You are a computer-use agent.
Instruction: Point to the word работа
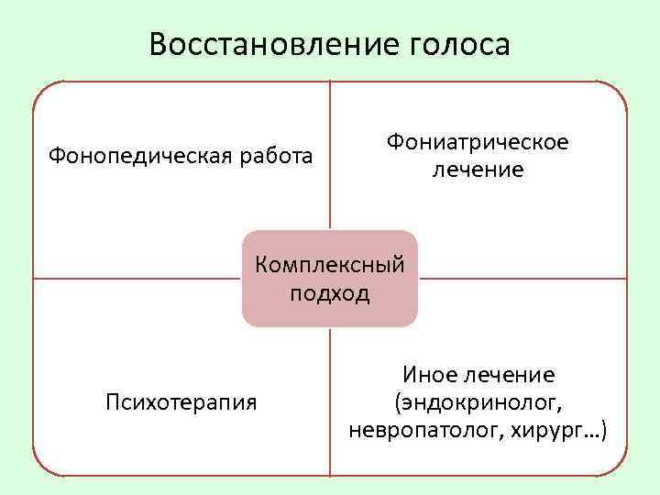274,156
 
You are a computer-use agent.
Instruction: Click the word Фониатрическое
478,142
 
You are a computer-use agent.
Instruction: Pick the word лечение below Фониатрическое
478,170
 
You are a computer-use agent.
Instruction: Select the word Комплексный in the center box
330,266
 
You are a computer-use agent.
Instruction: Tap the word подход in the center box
330,293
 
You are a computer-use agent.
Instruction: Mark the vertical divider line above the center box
330,156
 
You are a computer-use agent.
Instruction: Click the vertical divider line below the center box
330,403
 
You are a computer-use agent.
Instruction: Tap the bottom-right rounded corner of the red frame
619,467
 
